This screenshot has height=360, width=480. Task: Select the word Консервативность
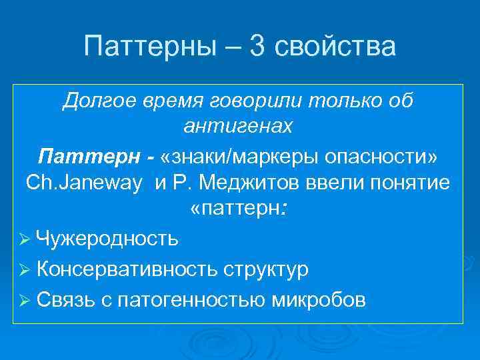point(127,269)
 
